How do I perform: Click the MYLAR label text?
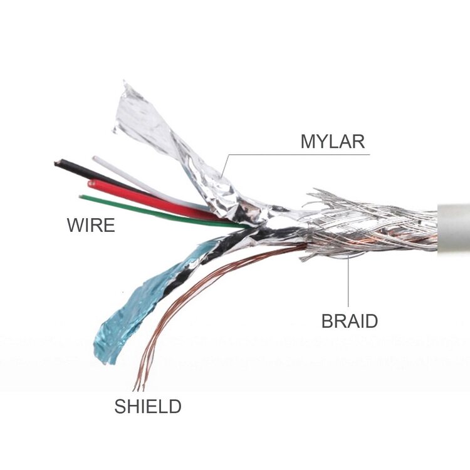coord(332,140)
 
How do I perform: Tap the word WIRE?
coord(91,225)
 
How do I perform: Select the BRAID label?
coord(350,321)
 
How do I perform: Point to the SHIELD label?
coord(147,406)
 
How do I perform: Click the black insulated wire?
coord(94,173)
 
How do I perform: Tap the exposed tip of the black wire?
coord(57,164)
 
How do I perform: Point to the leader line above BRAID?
coord(348,282)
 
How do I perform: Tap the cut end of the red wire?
coord(91,184)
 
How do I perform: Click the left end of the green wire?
coord(81,197)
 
